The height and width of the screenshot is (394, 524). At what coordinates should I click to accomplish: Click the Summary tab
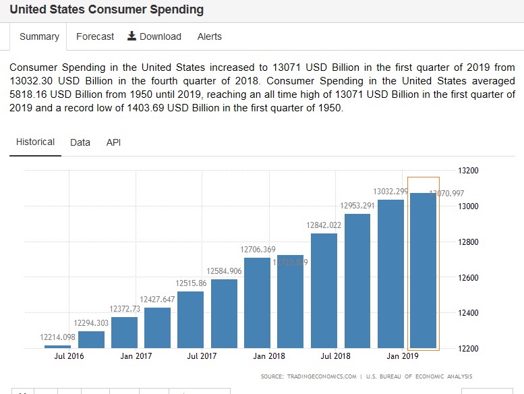click(39, 36)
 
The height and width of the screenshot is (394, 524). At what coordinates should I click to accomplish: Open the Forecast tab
click(95, 36)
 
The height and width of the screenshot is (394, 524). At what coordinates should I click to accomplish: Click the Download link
click(154, 36)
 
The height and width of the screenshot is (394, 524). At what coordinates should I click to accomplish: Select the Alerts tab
click(209, 36)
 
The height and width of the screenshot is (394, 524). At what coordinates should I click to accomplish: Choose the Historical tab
click(35, 142)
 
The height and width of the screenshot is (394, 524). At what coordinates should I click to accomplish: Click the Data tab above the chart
click(80, 142)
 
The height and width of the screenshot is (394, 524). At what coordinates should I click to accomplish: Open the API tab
click(113, 142)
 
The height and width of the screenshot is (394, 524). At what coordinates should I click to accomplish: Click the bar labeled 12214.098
click(57, 346)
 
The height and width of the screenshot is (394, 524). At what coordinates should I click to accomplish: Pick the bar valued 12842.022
click(324, 290)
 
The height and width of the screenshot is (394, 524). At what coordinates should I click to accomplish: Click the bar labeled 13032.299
click(390, 273)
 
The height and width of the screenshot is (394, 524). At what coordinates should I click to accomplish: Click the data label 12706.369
click(258, 250)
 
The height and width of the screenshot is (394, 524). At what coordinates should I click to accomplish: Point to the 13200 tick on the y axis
click(469, 171)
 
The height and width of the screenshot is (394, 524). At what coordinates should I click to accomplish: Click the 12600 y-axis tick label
click(469, 277)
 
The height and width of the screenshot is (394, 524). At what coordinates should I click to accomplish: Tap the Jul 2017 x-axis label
click(202, 356)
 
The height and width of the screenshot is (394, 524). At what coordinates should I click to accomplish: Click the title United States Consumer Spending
click(107, 10)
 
